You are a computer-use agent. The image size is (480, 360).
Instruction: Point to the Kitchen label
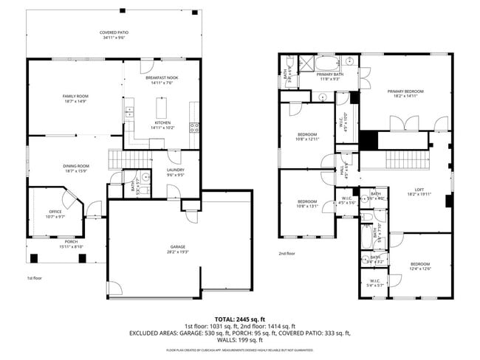(162, 125)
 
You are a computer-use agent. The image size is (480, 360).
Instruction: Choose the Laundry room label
(175, 173)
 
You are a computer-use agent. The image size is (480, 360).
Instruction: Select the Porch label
(71, 244)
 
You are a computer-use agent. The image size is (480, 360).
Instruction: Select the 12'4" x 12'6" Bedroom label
(420, 266)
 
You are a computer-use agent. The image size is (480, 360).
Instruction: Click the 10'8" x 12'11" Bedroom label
(306, 136)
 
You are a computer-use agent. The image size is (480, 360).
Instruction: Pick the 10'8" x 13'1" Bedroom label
(306, 204)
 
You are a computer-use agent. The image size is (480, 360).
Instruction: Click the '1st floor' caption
(34, 278)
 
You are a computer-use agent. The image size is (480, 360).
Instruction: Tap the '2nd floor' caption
(287, 253)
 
